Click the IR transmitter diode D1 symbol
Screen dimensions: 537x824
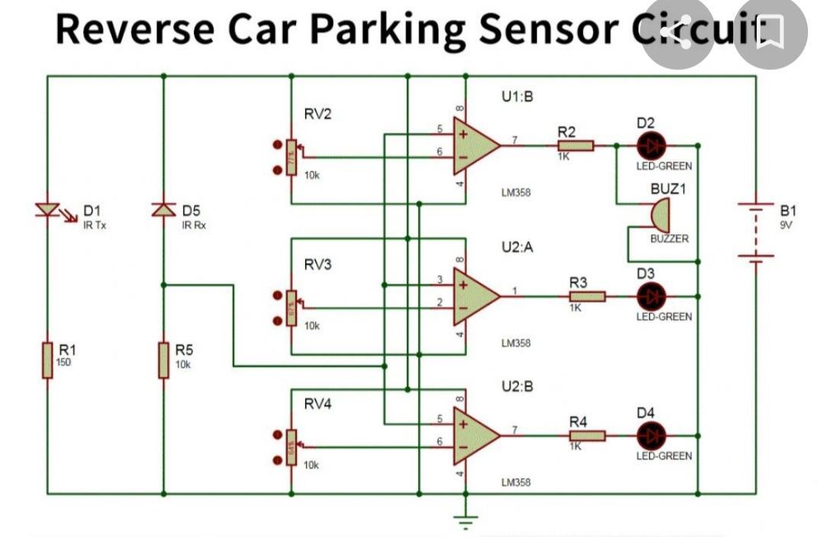pyautogui.click(x=47, y=209)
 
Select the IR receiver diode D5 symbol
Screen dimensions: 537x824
pyautogui.click(x=163, y=209)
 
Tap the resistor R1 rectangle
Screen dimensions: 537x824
pyautogui.click(x=47, y=359)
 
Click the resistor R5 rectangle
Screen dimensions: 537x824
pyautogui.click(x=163, y=359)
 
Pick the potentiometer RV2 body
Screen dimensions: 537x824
pyautogui.click(x=291, y=156)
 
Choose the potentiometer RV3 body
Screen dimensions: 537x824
pyautogui.click(x=291, y=307)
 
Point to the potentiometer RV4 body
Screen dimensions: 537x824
pyautogui.click(x=291, y=446)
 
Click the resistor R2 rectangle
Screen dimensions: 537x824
pyautogui.click(x=575, y=145)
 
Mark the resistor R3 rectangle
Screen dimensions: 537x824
pyautogui.click(x=587, y=296)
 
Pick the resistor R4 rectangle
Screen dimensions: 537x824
pyautogui.click(x=587, y=436)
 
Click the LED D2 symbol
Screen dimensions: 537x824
pyautogui.click(x=651, y=145)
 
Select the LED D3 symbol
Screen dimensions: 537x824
pyautogui.click(x=651, y=296)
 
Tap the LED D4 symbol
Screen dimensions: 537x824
pyautogui.click(x=651, y=436)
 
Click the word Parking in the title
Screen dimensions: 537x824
pyautogui.click(x=388, y=28)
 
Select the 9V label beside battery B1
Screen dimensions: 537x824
pyautogui.click(x=787, y=224)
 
